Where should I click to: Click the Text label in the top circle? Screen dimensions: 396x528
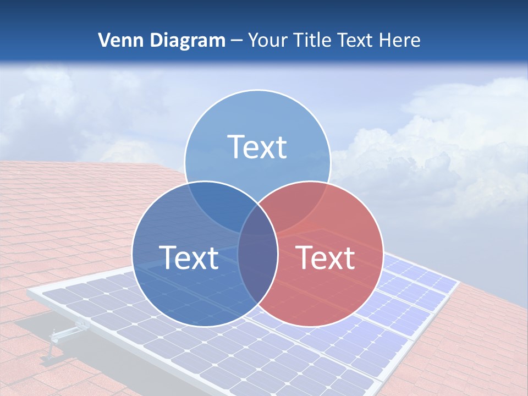pyautogui.click(x=257, y=147)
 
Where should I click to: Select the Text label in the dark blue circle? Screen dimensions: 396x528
pyautogui.click(x=189, y=257)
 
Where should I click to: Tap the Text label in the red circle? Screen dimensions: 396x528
pyautogui.click(x=326, y=257)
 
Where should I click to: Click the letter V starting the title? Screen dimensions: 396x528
pyautogui.click(x=103, y=40)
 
